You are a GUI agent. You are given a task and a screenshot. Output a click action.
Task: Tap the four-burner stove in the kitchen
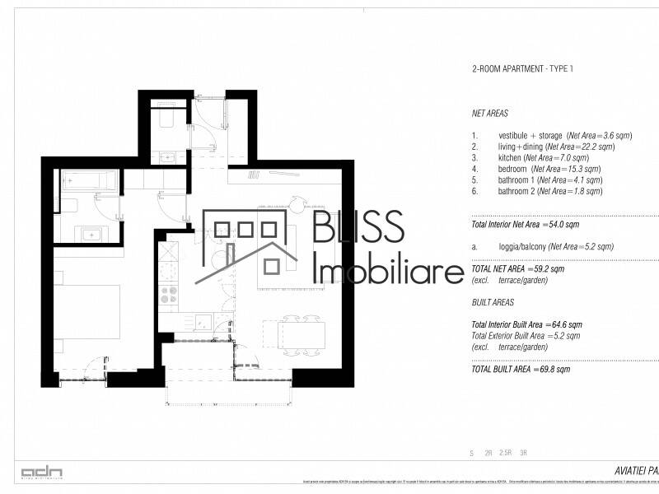168,292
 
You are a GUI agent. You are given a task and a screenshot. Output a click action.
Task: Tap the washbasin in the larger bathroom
89,234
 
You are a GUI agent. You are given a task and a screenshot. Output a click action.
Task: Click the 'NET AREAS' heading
490,114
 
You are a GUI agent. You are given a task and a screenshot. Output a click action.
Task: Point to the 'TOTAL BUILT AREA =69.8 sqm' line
521,370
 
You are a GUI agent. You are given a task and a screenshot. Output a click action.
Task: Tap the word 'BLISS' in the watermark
358,226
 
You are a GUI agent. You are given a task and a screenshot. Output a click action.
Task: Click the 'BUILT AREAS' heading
493,303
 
